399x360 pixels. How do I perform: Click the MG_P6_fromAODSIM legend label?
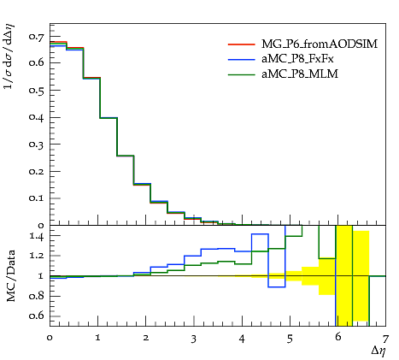point(320,44)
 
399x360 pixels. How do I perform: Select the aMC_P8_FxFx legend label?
point(297,59)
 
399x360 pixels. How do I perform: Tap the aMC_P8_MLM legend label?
point(300,74)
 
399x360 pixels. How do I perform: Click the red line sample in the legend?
point(242,44)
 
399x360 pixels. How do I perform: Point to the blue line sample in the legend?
point(242,59)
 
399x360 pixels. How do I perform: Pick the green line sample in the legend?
point(242,74)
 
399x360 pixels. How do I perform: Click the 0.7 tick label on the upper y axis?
point(37,36)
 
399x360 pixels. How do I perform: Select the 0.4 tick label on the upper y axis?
point(37,117)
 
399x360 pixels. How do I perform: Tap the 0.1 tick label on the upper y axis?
point(37,198)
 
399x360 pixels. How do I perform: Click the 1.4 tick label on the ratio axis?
point(37,236)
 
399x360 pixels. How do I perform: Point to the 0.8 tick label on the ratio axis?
point(37,296)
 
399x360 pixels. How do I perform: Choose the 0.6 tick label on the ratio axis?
point(37,316)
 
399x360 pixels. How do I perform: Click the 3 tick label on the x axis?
point(194,339)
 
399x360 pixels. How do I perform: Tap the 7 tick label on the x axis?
point(385,339)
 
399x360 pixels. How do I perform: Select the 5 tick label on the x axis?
point(290,339)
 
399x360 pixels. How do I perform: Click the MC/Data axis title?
point(11,275)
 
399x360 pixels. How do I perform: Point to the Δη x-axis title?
point(378,351)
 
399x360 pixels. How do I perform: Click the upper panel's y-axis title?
point(9,56)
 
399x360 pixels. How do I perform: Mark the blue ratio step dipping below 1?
point(277,286)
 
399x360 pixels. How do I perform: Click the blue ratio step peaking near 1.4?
point(260,234)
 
